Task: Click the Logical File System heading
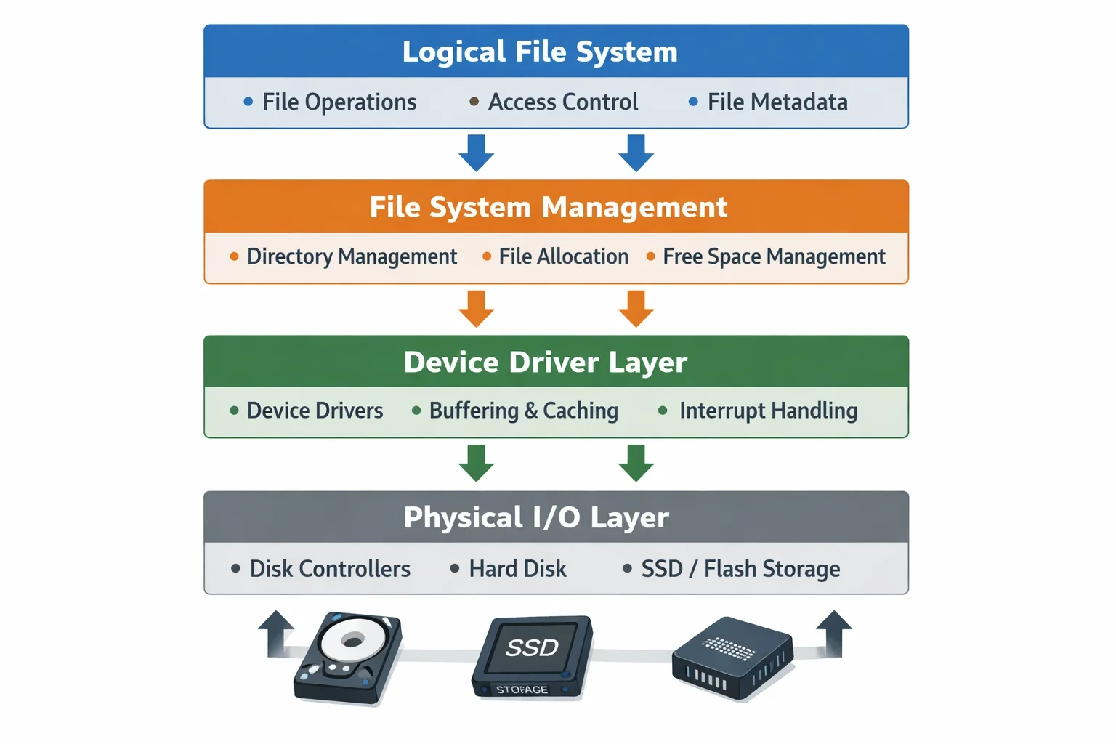click(540, 52)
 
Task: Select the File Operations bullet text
click(339, 102)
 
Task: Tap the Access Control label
click(563, 102)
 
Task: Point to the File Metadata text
click(777, 102)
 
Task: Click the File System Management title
click(549, 207)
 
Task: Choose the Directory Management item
click(352, 256)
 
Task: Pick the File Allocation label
click(564, 256)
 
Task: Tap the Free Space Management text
click(775, 256)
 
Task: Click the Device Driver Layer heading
click(546, 363)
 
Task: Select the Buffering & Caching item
click(524, 411)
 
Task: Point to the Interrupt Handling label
click(768, 411)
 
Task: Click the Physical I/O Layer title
click(536, 517)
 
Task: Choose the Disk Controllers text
click(330, 569)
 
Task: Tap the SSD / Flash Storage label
click(741, 569)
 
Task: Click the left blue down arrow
click(477, 153)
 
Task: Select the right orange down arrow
click(636, 309)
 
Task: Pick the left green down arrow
click(477, 463)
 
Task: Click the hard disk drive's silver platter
click(352, 639)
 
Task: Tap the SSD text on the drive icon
click(532, 648)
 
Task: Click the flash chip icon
click(732, 657)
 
